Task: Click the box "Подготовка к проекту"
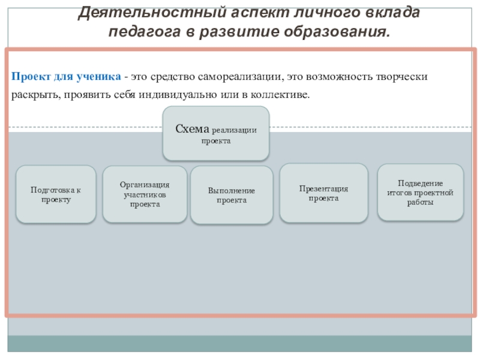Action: pos(55,194)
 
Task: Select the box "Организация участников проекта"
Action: pos(145,194)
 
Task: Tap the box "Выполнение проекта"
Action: pos(232,195)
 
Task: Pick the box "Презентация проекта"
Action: pos(324,193)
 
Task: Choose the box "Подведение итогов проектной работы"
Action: pos(420,192)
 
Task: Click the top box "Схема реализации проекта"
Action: pos(216,133)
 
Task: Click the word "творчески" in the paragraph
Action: pos(407,77)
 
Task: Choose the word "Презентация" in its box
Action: pos(324,188)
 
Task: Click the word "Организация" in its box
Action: pos(145,185)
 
